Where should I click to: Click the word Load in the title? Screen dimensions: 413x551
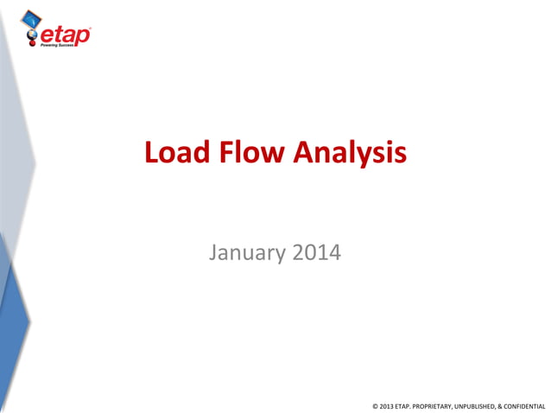(x=175, y=153)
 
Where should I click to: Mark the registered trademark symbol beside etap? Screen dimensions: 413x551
(x=90, y=29)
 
